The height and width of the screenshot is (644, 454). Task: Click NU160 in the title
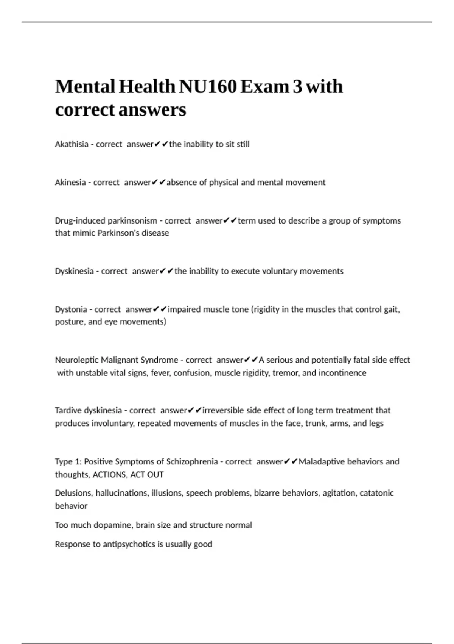(208, 86)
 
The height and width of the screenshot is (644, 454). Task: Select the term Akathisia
(72, 144)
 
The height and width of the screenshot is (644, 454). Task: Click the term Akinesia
(70, 183)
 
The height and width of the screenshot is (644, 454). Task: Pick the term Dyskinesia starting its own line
(74, 271)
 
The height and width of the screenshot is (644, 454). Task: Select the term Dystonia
(71, 309)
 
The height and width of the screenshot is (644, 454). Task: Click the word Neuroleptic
(77, 360)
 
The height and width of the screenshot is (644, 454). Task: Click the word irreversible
(223, 410)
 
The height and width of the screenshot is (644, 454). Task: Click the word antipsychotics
(129, 544)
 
